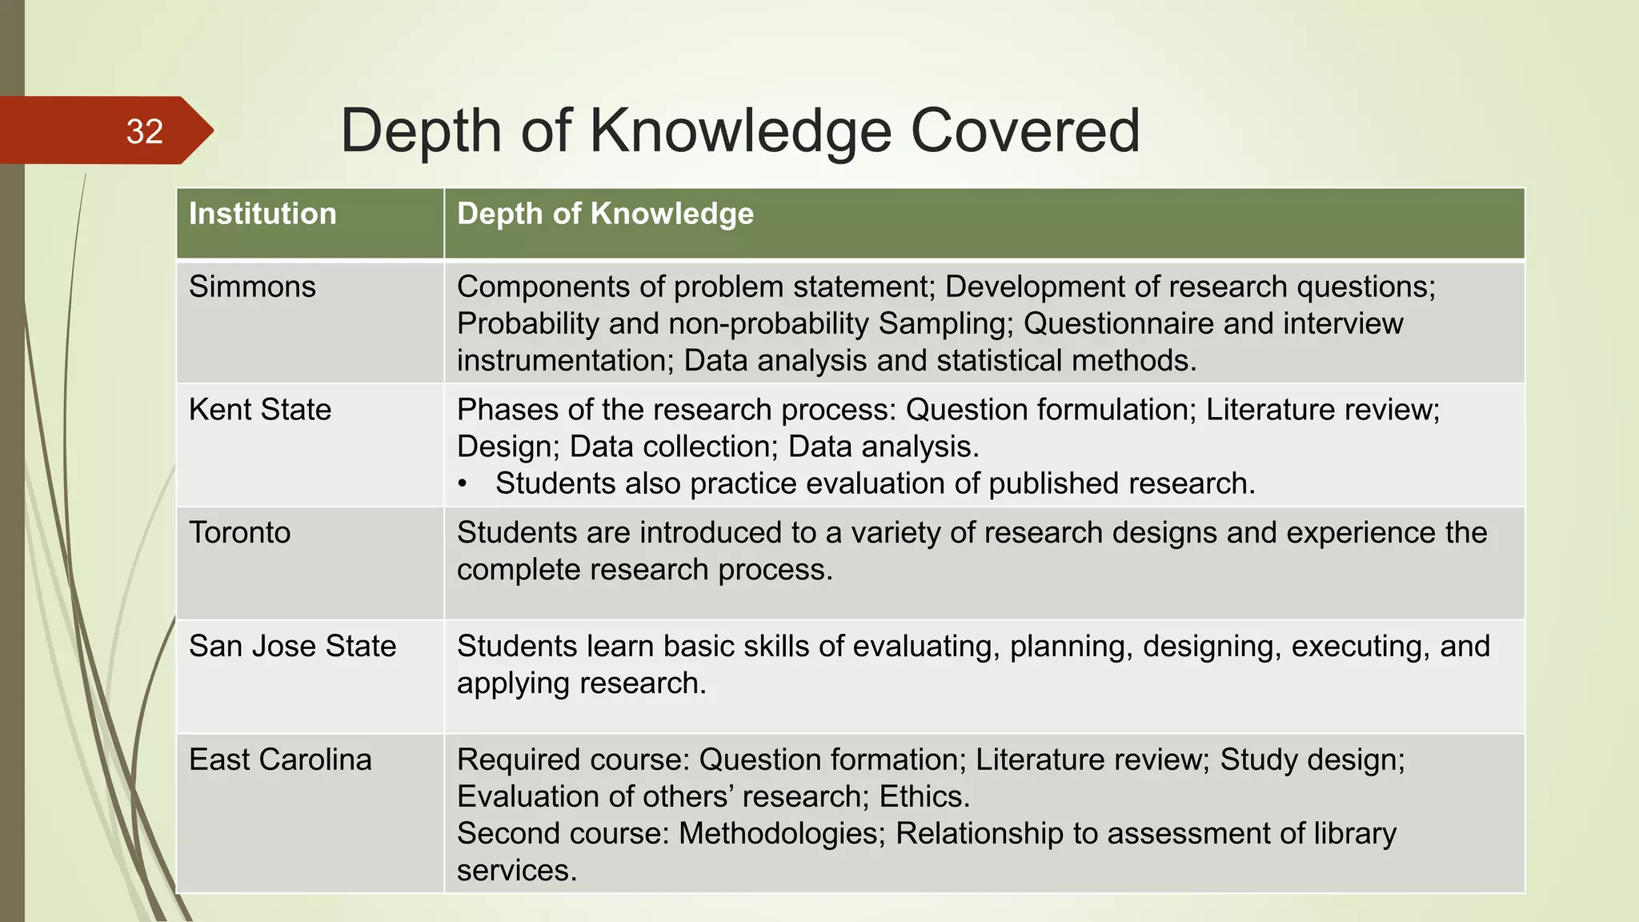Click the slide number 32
tap(145, 132)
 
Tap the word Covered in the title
tap(1025, 130)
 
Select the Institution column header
tap(262, 214)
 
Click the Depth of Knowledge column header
tap(605, 214)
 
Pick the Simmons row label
tap(252, 287)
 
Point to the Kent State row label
tap(260, 410)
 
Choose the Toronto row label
tap(240, 533)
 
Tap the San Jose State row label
tap(293, 647)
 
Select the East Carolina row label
tap(280, 760)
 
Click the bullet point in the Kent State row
tap(462, 485)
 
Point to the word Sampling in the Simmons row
tap(945, 324)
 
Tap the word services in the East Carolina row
tap(516, 871)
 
